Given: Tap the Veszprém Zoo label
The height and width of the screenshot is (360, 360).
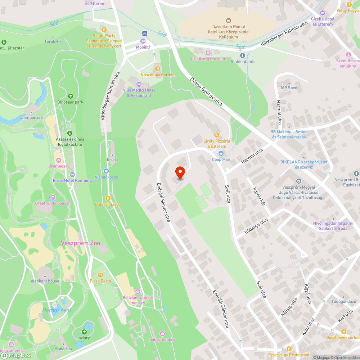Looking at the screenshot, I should point(80,243).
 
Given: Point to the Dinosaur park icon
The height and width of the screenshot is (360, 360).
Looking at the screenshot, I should point(70,96).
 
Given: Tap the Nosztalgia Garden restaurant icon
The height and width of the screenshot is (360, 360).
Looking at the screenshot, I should point(157,68).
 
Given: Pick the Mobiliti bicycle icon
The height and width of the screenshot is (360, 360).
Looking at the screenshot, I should point(145,33).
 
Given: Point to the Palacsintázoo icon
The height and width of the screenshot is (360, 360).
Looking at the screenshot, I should point(108,198).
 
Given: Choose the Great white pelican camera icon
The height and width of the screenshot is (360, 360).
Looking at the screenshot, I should point(53,197).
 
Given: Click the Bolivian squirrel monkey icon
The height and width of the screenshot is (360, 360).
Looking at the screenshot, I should point(138,291).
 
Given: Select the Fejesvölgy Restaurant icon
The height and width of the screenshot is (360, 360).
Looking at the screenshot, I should point(289,348).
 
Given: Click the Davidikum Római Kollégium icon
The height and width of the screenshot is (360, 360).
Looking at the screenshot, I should point(228,21).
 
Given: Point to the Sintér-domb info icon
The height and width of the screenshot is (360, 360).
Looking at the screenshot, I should point(242,55).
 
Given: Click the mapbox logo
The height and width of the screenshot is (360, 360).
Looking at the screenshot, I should point(16,355).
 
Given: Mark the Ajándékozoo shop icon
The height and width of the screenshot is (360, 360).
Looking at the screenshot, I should point(106,171).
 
